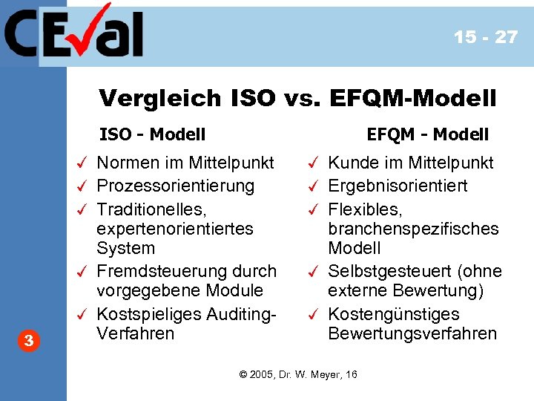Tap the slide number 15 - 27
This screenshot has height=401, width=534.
click(486, 37)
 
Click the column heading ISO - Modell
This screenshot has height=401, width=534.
click(153, 134)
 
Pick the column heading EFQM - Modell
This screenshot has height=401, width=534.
click(428, 134)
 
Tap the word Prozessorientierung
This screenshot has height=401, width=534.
click(176, 186)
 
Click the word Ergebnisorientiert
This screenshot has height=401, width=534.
click(398, 186)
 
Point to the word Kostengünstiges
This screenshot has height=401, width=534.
click(394, 314)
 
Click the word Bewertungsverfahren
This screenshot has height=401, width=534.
click(412, 333)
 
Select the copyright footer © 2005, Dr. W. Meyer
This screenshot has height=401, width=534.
click(299, 374)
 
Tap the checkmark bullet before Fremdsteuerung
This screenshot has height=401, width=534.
click(84, 272)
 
